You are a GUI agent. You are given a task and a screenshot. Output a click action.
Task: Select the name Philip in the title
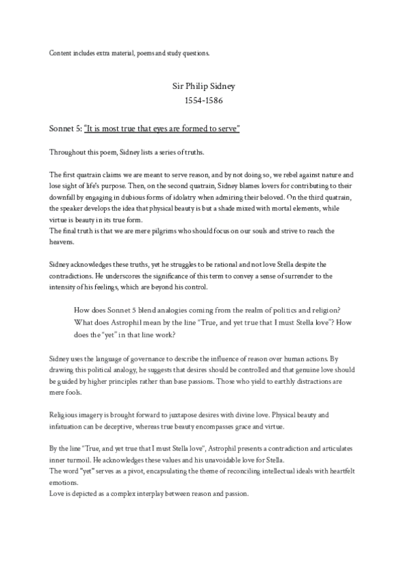202,88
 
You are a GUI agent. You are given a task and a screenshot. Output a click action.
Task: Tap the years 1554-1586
203,101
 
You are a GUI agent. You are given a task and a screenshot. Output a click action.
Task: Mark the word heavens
65,241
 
